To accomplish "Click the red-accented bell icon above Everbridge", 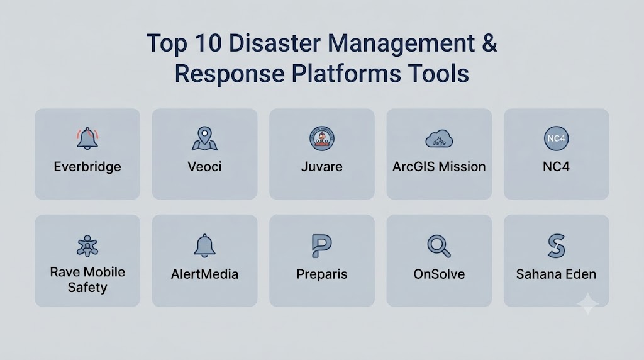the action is click(x=87, y=138).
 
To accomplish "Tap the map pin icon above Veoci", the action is click(x=204, y=138).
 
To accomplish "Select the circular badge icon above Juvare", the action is click(x=321, y=138).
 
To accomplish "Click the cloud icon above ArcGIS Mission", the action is click(x=439, y=139).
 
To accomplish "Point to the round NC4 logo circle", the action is click(x=556, y=138).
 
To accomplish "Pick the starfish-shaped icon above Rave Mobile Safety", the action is click(x=87, y=245).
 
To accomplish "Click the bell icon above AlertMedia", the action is click(x=204, y=245).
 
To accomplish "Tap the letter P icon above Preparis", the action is click(x=321, y=245).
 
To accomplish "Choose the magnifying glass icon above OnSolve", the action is click(x=439, y=246).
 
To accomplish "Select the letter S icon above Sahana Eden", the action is click(x=557, y=245).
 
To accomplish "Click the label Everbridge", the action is click(x=87, y=167).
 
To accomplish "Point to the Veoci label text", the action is click(x=204, y=166).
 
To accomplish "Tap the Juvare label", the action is click(x=321, y=166).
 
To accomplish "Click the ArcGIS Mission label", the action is click(x=439, y=166).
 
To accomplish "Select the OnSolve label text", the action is click(x=439, y=274).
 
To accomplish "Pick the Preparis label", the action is click(x=321, y=274).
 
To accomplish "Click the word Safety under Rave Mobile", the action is click(x=87, y=288).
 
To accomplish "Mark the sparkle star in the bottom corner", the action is click(x=588, y=304).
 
